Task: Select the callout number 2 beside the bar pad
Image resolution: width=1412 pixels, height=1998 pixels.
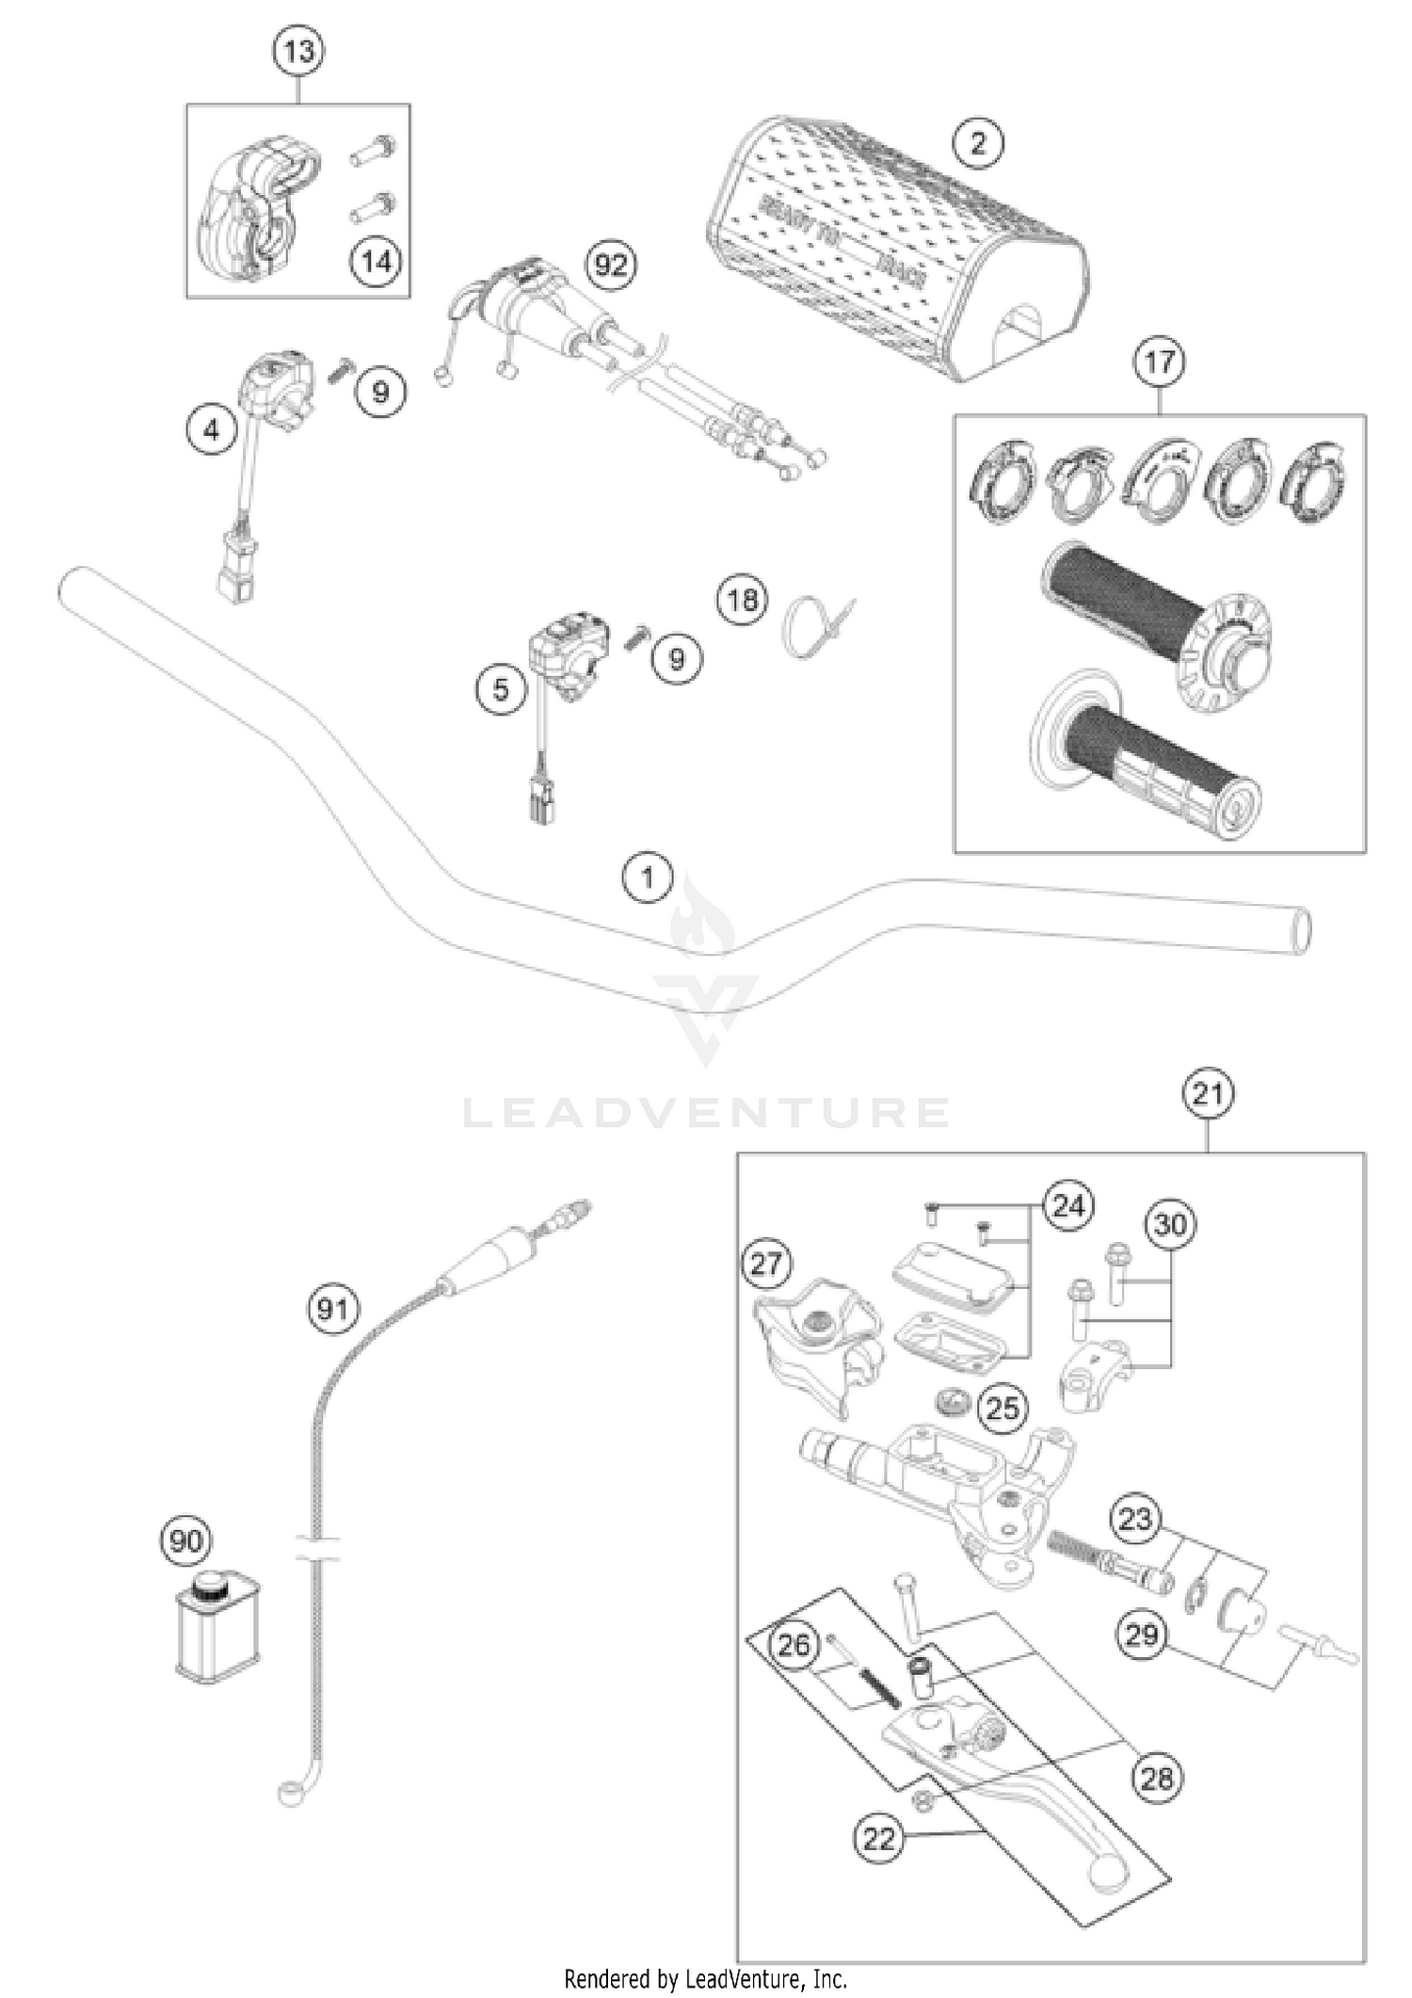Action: tap(978, 144)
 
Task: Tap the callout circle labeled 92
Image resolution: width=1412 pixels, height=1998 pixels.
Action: tap(611, 266)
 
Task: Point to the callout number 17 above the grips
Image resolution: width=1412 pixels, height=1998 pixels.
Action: tap(1159, 363)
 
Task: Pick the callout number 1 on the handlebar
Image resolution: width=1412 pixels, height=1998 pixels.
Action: tap(648, 878)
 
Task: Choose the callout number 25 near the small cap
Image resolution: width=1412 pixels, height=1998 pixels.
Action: tap(1002, 1409)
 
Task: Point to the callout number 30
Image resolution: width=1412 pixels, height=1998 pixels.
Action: tap(1170, 1225)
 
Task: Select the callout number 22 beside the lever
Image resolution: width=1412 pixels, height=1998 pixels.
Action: tap(879, 1839)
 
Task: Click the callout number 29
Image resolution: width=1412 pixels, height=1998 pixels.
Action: tap(1142, 1635)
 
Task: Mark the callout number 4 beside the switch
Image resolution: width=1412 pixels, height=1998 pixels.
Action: tap(212, 431)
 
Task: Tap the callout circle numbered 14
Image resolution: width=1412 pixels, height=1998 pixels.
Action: tap(377, 261)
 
